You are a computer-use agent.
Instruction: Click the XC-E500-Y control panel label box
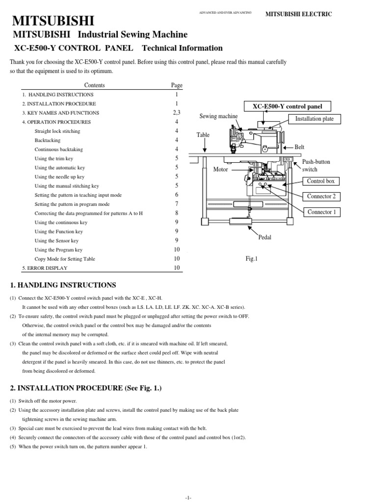point(288,106)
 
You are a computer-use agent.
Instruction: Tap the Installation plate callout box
point(314,119)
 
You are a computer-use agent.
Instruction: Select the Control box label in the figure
point(321,181)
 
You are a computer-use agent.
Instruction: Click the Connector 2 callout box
point(322,197)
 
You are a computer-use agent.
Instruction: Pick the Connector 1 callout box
point(322,212)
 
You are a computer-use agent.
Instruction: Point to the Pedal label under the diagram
point(265,237)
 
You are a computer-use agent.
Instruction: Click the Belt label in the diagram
point(299,147)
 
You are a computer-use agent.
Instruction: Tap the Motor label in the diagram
point(221,169)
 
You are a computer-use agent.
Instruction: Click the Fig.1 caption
point(252,258)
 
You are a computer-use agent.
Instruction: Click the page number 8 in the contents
point(176,213)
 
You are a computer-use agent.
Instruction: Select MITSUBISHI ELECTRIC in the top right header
point(298,14)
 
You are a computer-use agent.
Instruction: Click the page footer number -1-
point(188,497)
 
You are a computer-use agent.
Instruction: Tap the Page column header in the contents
point(176,85)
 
